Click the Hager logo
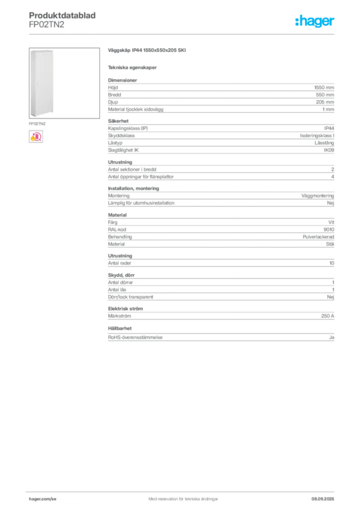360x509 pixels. [x=314, y=21]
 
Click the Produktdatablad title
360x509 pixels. [x=62, y=15]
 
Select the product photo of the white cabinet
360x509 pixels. [x=64, y=83]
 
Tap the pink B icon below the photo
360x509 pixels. [x=36, y=137]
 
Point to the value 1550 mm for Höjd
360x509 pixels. [x=324, y=87]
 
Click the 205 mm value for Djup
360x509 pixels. [x=325, y=102]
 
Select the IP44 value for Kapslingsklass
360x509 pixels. [x=329, y=128]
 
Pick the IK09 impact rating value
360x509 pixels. [x=329, y=150]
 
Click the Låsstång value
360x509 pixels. [x=324, y=143]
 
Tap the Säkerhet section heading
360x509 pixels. [x=118, y=121]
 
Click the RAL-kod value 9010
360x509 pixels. [x=329, y=230]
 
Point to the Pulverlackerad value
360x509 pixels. [x=318, y=237]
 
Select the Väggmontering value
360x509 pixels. [x=317, y=196]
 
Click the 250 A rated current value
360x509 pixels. [x=328, y=316]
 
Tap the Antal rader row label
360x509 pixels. [x=119, y=263]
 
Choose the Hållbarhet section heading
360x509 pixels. [x=120, y=329]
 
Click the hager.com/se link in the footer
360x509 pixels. [x=43, y=499]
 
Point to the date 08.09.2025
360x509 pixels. [x=323, y=499]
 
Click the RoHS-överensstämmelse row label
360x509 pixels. [x=135, y=338]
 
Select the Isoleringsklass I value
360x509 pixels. [x=317, y=136]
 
